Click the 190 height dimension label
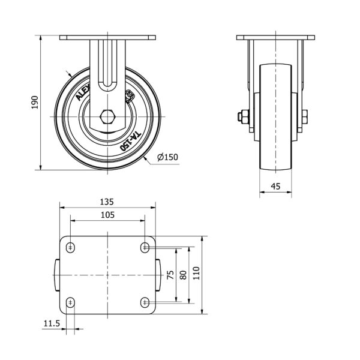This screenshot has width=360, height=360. [35, 103]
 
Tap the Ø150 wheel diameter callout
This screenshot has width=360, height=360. [167, 157]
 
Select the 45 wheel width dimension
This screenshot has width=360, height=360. [275, 186]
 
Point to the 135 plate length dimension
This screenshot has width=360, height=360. [107, 202]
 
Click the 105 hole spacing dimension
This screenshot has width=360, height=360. [107, 215]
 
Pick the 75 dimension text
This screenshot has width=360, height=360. [170, 275]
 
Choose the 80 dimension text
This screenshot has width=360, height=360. [183, 275]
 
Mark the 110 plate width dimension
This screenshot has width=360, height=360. [196, 273]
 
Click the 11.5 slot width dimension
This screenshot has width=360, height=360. [52, 323]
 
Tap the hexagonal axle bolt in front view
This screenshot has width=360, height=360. [107, 117]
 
